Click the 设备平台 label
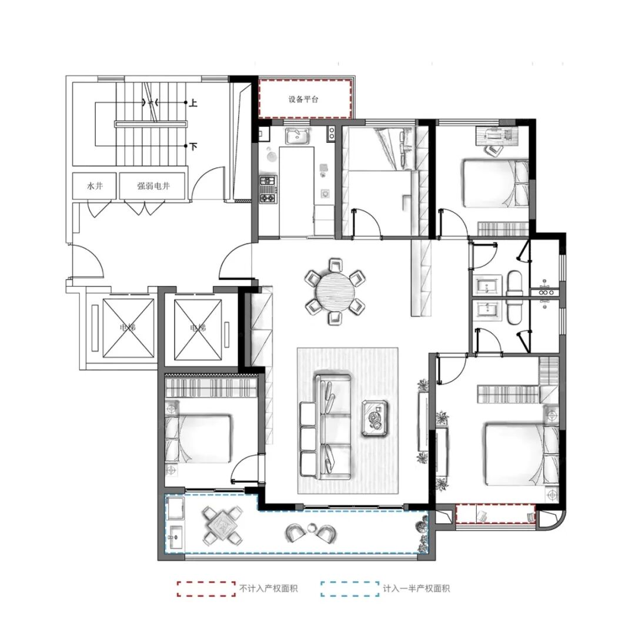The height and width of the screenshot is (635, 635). tap(303, 99)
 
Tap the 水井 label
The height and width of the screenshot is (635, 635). tap(95, 186)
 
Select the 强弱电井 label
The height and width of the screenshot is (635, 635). tap(153, 186)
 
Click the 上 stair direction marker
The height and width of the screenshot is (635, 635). tap(193, 103)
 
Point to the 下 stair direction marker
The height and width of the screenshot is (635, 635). tap(193, 146)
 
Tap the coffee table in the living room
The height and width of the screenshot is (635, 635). tap(375, 418)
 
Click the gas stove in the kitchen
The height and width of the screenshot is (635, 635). tap(268, 189)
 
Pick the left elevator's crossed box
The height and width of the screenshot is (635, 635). tap(128, 329)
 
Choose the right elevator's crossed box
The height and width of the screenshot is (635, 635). tap(198, 329)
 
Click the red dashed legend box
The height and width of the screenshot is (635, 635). tap(206, 589)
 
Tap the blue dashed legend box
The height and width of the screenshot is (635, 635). tap(350, 589)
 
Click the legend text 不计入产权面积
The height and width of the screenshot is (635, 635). tap(269, 589)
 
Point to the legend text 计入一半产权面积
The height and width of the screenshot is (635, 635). tap(416, 589)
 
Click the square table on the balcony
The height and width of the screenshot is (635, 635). tap(223, 526)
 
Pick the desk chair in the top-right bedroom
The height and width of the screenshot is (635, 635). tap(494, 151)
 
